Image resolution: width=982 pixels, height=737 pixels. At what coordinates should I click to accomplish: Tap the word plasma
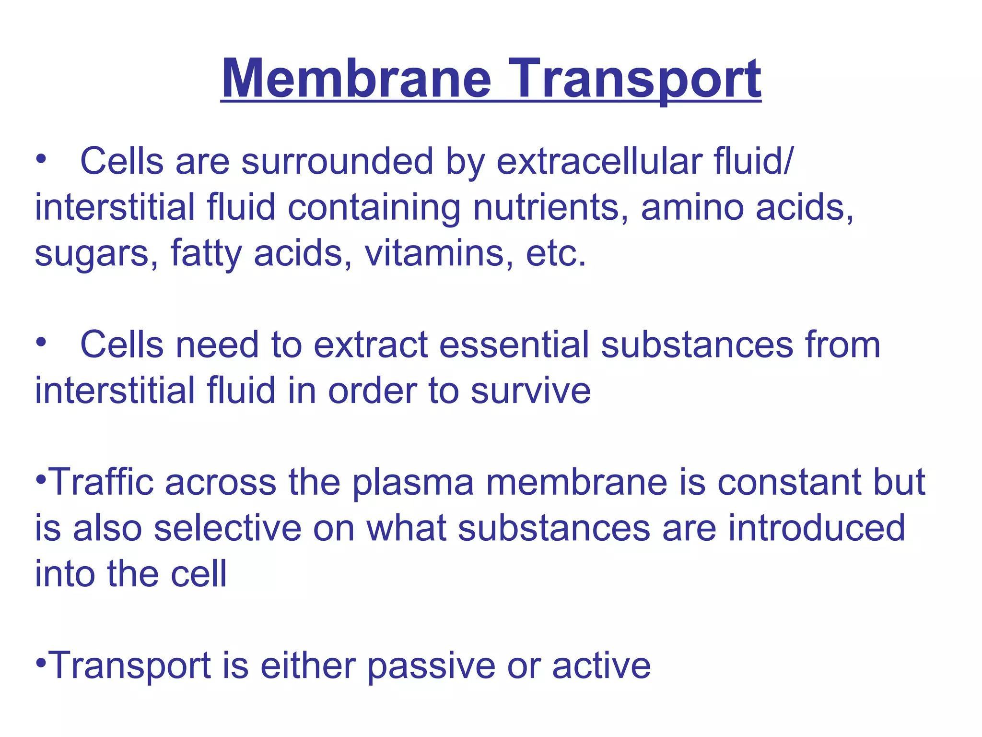(413, 482)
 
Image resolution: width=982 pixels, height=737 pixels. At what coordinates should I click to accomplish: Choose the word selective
(228, 528)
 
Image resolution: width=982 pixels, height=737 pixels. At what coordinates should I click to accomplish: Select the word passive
(431, 666)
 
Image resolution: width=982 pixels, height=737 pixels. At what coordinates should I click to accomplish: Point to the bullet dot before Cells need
(41, 343)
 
